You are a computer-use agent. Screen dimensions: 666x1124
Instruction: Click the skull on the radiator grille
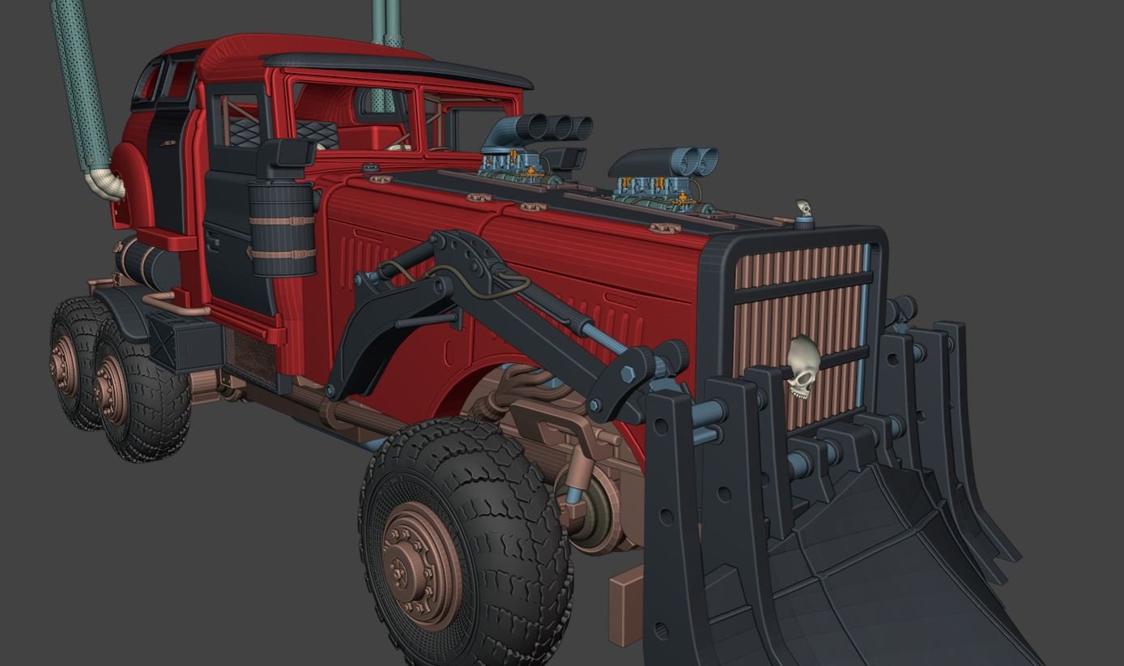(x=803, y=366)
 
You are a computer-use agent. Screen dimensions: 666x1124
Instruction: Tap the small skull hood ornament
(x=803, y=209)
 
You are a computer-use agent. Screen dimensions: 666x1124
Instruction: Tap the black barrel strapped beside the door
(x=282, y=228)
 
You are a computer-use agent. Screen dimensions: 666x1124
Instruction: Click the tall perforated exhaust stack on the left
(x=81, y=81)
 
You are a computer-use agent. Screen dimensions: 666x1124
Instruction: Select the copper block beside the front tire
(x=626, y=607)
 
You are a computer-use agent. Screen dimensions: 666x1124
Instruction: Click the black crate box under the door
(x=185, y=339)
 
